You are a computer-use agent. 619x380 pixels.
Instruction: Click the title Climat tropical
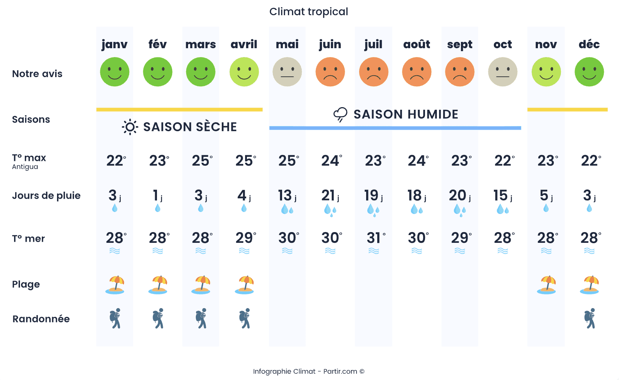[x=308, y=12]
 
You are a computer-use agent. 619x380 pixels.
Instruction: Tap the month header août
[x=416, y=44]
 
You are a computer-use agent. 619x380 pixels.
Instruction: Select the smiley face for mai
[x=287, y=72]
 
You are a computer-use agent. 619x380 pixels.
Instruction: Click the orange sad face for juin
[x=330, y=72]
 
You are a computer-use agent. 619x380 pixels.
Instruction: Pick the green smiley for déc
[x=589, y=72]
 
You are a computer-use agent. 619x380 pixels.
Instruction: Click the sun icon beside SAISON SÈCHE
[x=130, y=127]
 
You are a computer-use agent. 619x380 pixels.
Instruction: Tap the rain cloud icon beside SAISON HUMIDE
[x=340, y=115]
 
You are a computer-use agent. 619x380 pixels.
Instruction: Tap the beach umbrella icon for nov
[x=546, y=285]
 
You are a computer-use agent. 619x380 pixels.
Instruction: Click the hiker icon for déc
[x=590, y=318]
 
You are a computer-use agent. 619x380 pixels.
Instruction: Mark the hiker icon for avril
[x=245, y=318]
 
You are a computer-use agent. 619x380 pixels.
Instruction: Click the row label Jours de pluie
[x=46, y=196]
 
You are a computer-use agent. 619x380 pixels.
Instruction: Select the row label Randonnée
[x=41, y=319]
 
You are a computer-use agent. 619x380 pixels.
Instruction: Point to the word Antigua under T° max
[x=25, y=167]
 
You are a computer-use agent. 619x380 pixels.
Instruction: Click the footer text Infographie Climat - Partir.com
[x=308, y=371]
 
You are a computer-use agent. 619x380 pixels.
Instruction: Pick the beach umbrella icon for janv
[x=115, y=285]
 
